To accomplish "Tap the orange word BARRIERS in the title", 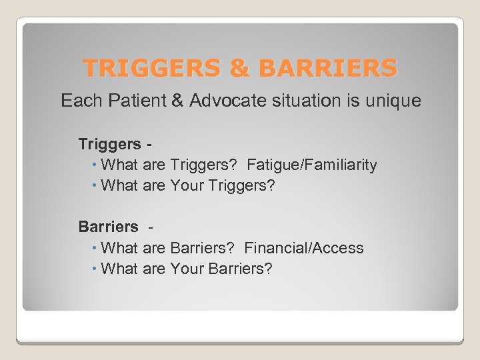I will pyautogui.click(x=327, y=68).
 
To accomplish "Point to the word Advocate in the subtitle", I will pyautogui.click(x=222, y=101).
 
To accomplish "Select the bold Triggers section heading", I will pyautogui.click(x=109, y=144).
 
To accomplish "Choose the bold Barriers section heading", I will pyautogui.click(x=108, y=227).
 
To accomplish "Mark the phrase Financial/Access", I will pyautogui.click(x=304, y=248).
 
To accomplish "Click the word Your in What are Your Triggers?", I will pyautogui.click(x=187, y=185).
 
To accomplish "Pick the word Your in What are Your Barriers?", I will pyautogui.click(x=187, y=269).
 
